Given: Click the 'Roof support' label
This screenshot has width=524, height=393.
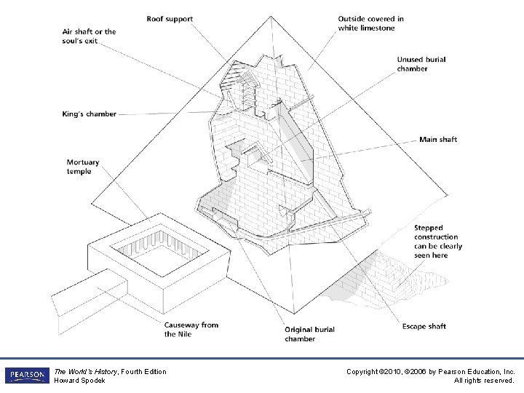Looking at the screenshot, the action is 170,18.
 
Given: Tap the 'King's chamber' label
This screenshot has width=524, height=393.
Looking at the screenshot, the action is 89,114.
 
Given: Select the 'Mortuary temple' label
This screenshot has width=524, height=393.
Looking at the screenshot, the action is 82,167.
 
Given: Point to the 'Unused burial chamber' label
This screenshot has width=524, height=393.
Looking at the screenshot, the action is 421,64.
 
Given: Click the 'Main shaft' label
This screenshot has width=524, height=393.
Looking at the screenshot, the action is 438,139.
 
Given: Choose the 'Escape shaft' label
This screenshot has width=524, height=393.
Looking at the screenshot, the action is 424,326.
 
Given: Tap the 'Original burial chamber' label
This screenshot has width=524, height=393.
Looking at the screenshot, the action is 309,334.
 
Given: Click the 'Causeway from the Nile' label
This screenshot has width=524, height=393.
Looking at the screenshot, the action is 191,329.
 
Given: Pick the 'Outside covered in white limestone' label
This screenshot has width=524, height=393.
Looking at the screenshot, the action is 370,23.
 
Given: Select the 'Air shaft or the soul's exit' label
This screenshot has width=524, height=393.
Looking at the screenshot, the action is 89,36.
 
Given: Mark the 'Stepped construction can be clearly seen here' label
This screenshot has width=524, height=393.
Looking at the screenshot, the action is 438,242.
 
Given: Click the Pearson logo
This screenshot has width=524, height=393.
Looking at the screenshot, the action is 26,376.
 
